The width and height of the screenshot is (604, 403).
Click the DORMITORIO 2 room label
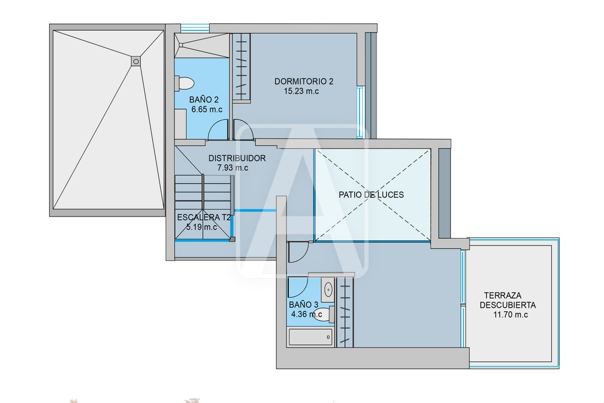304,81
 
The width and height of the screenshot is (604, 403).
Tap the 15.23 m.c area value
301,91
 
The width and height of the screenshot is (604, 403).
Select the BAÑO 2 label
204,100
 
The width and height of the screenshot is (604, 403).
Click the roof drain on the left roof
136,61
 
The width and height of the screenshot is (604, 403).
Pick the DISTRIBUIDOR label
237,158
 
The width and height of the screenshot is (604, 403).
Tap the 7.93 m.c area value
233,168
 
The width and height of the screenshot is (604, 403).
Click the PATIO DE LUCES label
371,194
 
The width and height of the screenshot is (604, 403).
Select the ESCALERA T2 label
204,217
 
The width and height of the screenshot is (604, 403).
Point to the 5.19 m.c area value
202,227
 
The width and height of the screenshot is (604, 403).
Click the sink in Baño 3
328,290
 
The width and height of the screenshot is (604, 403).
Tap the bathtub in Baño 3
310,337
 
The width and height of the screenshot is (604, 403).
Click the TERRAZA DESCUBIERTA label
508,300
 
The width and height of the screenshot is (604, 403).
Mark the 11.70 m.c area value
511,315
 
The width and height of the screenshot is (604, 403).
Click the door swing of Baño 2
217,130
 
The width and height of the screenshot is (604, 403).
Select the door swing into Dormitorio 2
244,130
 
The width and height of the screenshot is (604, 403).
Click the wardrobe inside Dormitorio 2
242,68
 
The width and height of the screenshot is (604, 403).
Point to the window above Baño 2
195,28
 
